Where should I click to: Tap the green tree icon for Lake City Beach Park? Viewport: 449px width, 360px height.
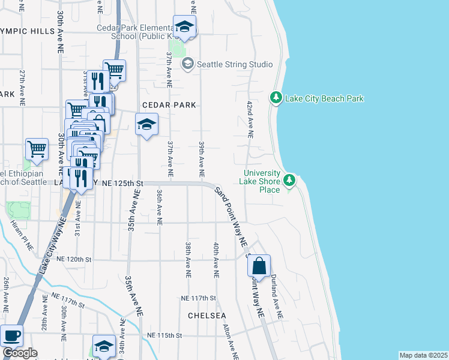pyautogui.click(x=276, y=97)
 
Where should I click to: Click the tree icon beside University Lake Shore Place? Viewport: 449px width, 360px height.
pyautogui.click(x=290, y=179)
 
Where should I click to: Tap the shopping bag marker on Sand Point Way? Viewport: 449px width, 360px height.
pyautogui.click(x=259, y=265)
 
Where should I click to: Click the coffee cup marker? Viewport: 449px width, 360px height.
pyautogui.click(x=11, y=335)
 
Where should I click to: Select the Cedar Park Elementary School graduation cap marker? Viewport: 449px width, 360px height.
pyautogui.click(x=184, y=27)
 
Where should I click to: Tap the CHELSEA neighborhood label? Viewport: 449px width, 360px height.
pyautogui.click(x=207, y=316)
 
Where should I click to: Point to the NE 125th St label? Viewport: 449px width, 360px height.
pyautogui.click(x=122, y=182)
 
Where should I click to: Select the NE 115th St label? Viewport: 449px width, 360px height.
pyautogui.click(x=164, y=335)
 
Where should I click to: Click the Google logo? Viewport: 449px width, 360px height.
pyautogui.click(x=20, y=353)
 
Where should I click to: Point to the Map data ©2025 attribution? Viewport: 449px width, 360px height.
pyautogui.click(x=423, y=355)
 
